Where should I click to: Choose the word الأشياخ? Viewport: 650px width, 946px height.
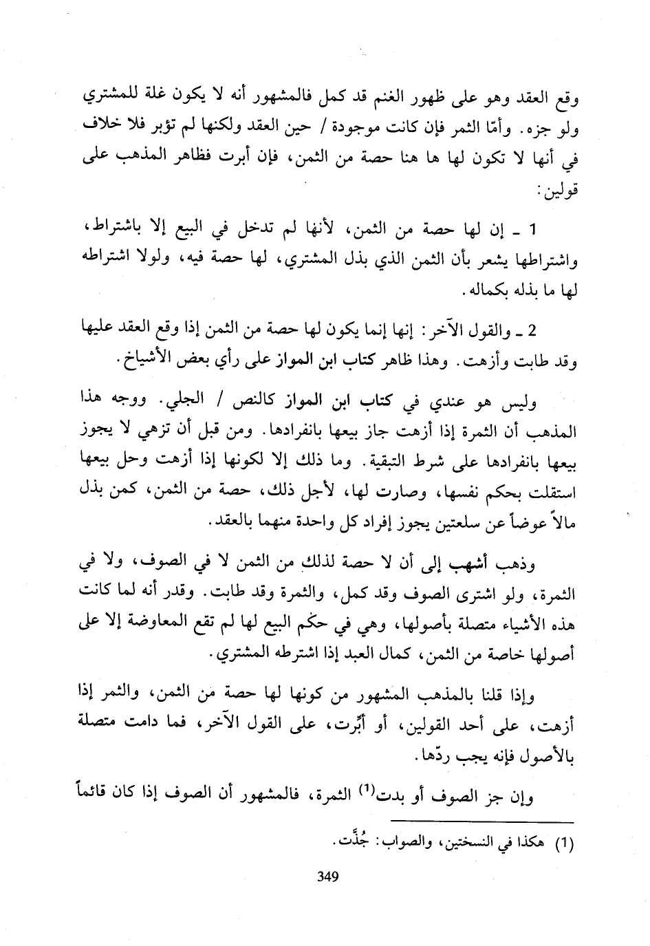[x=144, y=359]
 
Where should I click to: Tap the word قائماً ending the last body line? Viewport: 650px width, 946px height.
[x=100, y=798]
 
